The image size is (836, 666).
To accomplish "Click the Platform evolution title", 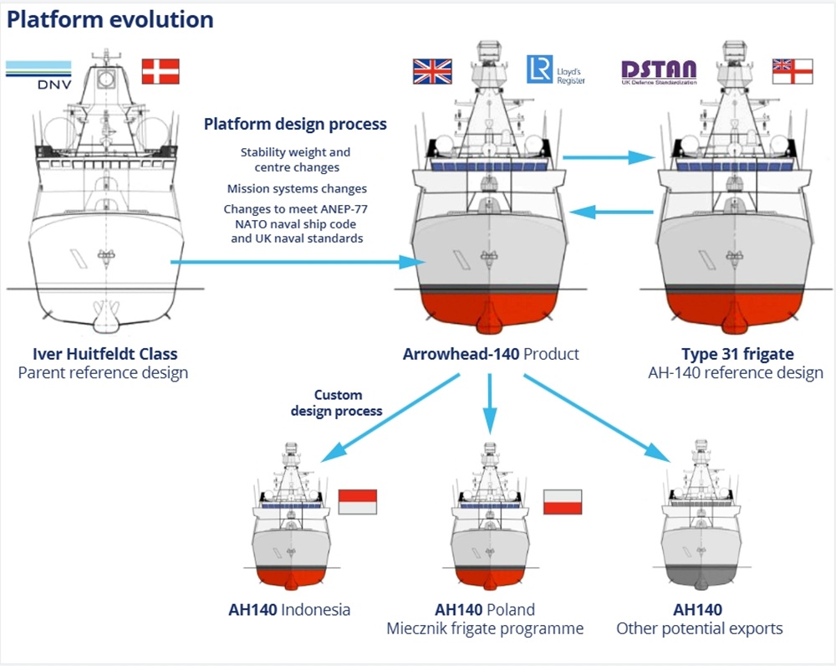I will (110, 19).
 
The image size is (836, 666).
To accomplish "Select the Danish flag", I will (161, 71).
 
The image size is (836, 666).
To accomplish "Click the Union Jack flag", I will (432, 71).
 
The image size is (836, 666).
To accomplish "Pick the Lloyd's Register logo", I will (555, 70).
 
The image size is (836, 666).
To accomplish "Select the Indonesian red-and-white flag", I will (358, 501).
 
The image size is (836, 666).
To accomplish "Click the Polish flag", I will (563, 501).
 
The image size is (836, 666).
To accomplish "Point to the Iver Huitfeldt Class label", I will (104, 354).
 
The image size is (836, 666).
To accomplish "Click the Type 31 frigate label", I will (737, 354).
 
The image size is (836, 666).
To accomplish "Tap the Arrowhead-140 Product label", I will (491, 354).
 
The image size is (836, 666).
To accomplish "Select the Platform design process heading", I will (295, 124).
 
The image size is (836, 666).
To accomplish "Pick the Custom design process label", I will (337, 402).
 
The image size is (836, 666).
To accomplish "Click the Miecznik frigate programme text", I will (485, 628).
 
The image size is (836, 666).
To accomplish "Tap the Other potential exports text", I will (699, 628).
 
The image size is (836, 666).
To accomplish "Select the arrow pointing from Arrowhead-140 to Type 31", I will (608, 156).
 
